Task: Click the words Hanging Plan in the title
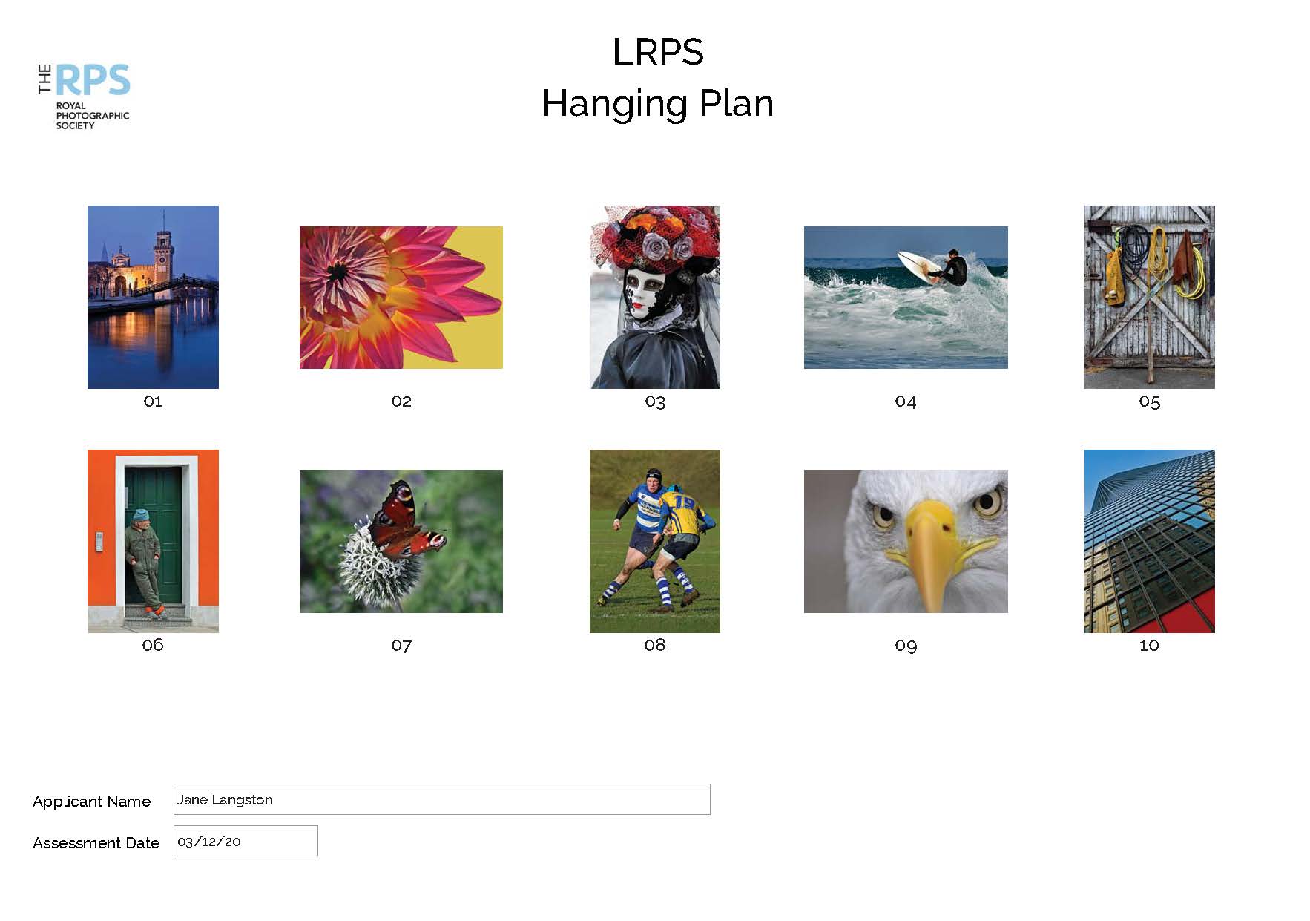(658, 103)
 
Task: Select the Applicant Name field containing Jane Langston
(441, 799)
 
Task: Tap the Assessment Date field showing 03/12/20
(246, 841)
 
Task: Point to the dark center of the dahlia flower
(338, 272)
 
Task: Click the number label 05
(1149, 402)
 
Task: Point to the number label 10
(1149, 646)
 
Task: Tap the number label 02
(401, 401)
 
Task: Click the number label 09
(906, 646)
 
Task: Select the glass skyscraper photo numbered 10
(1150, 541)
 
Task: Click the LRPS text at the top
(658, 52)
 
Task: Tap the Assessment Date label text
(96, 843)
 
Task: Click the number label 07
(401, 646)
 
